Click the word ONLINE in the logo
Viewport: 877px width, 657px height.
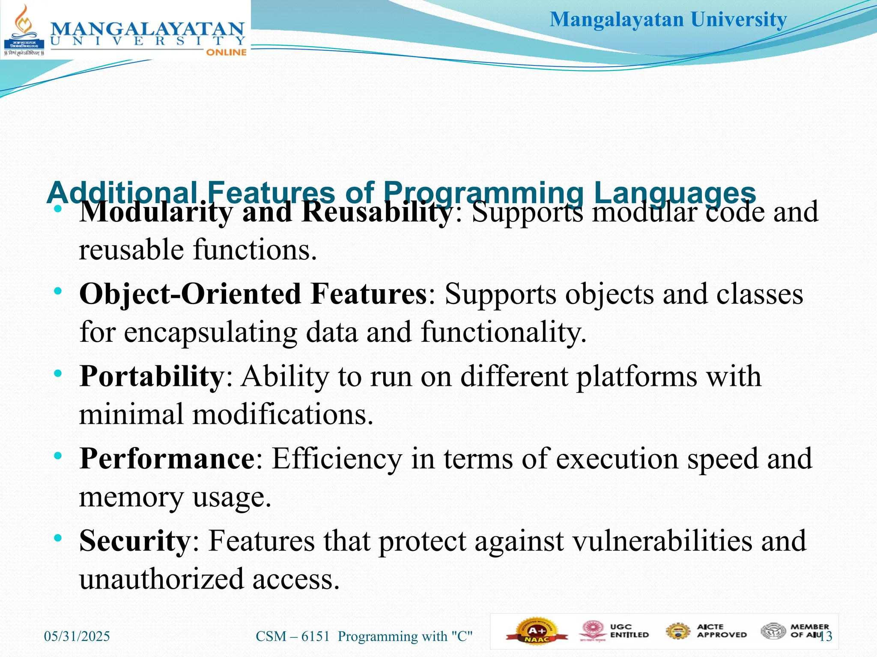(x=226, y=52)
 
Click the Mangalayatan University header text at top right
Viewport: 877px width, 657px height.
(x=668, y=20)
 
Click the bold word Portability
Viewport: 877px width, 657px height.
(x=152, y=376)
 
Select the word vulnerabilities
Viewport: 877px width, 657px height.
(x=662, y=541)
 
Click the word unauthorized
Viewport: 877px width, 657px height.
(x=161, y=579)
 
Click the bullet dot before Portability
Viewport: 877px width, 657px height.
(x=58, y=373)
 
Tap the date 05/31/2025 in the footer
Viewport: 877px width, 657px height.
(x=77, y=636)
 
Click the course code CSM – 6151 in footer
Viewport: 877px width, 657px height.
(x=293, y=636)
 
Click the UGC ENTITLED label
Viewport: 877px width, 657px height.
(x=629, y=631)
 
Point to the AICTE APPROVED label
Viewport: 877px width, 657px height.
(x=722, y=631)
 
